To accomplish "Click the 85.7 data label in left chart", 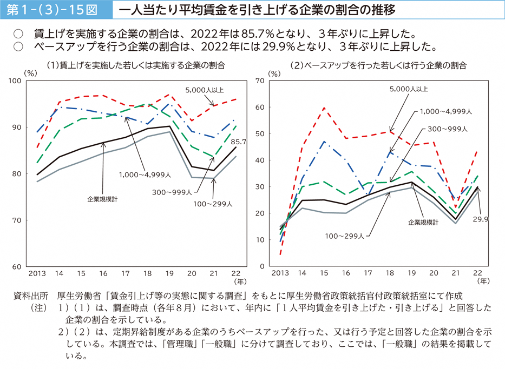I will point(239,142).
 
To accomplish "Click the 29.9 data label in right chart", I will point(480,219).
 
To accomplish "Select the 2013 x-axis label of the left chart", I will point(37,273).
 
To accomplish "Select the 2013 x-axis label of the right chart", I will point(281,273).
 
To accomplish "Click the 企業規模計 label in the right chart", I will point(423,222).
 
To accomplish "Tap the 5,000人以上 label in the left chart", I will point(204,90).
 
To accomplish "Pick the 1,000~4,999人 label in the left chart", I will point(146,175).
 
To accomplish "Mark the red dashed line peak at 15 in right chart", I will point(323,108).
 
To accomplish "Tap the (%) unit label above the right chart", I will point(275,73).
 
